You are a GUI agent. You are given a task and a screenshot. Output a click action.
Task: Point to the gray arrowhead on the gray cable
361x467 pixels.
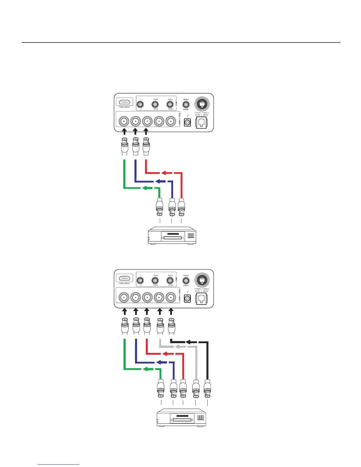(177, 347)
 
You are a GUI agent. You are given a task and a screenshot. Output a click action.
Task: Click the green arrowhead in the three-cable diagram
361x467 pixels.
(144, 188)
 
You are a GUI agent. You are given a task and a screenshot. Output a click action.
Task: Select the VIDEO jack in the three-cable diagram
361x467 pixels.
(186, 104)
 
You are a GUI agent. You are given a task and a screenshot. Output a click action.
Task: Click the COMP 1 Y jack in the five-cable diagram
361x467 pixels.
(141, 280)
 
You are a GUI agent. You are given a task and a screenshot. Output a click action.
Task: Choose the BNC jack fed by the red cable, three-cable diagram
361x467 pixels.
(147, 121)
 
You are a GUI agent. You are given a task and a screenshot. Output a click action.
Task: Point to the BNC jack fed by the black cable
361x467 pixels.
(170, 297)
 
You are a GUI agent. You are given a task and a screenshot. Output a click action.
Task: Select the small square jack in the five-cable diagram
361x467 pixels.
(187, 298)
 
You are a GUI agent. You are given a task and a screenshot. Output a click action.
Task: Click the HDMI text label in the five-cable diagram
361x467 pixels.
(124, 283)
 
